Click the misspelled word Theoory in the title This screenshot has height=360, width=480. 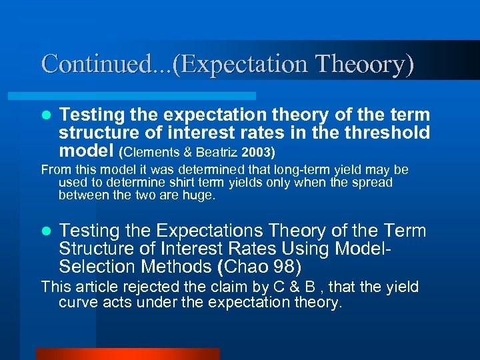[364, 64]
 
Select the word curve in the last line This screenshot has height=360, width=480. [77, 303]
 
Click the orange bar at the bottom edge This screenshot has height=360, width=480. [127, 354]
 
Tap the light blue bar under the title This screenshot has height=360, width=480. [147, 96]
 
